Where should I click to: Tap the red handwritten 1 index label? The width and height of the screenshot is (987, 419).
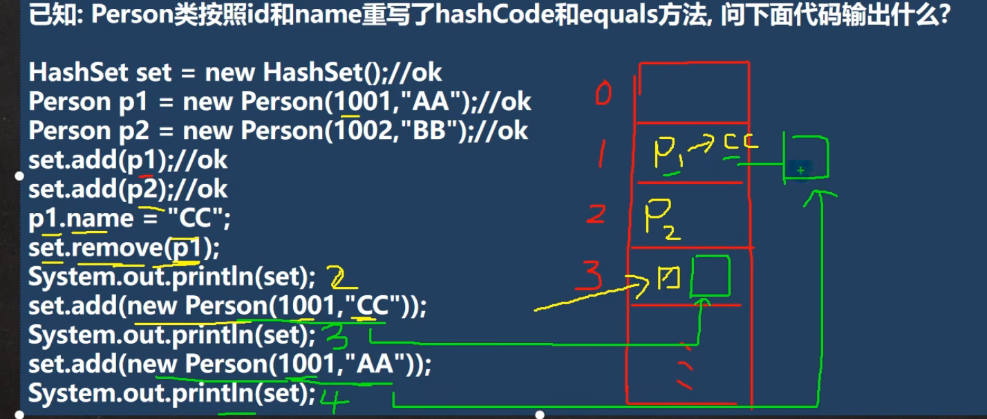pos(602,153)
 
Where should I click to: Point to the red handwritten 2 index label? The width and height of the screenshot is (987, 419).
pos(596,214)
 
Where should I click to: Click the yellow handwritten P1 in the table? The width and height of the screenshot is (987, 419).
pos(668,153)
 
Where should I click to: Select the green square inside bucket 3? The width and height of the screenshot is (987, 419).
pos(711,276)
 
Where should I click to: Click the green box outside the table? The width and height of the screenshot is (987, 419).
pos(807,158)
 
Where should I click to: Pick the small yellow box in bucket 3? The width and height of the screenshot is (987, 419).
pos(669,278)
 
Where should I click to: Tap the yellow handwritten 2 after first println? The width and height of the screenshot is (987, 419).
pos(342,277)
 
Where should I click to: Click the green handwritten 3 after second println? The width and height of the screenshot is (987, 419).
pos(336,337)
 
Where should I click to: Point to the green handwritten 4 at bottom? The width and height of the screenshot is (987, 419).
pos(334,400)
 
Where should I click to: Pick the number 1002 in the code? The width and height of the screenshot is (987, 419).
pos(363,131)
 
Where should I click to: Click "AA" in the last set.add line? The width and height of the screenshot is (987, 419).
pos(375,364)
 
